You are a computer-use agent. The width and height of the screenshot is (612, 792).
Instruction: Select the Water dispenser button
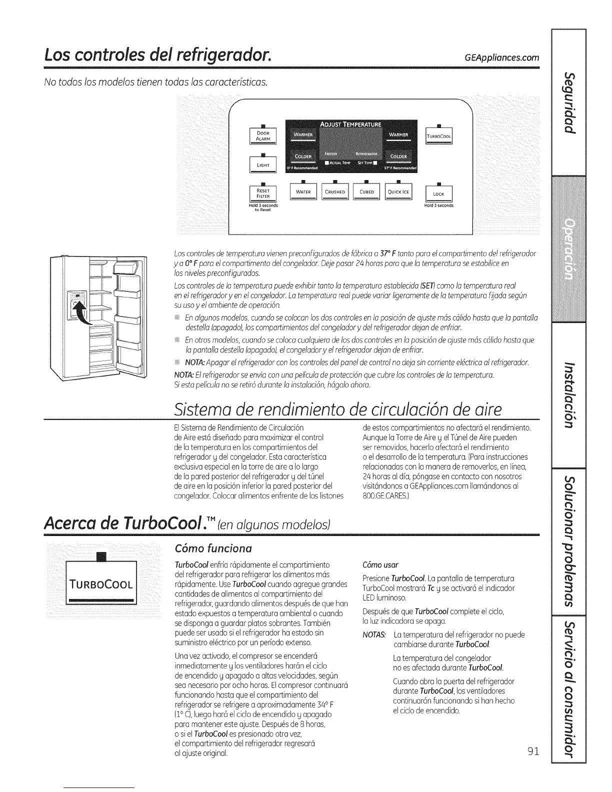[303, 192]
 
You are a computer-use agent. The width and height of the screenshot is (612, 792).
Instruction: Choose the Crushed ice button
[335, 192]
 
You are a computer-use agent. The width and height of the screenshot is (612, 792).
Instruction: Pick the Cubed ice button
[366, 192]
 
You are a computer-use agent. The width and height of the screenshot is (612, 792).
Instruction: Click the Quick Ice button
[398, 192]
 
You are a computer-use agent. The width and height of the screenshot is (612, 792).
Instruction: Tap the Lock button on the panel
[438, 193]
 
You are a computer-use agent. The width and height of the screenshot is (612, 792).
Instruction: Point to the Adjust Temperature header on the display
[350, 124]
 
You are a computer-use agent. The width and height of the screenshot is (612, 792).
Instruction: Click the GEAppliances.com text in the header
[502, 57]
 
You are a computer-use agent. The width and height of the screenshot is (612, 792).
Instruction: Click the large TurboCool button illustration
[101, 584]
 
